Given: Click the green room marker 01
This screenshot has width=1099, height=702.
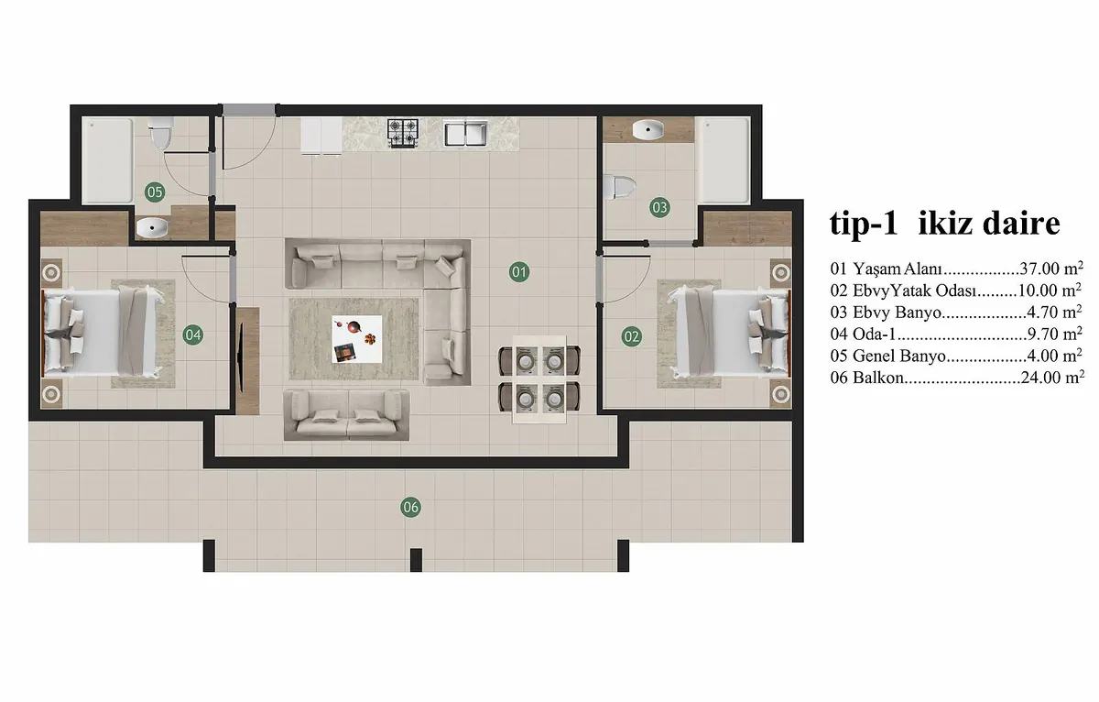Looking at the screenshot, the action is pyautogui.click(x=519, y=272).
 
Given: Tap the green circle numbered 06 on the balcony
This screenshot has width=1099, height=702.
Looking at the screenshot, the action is pyautogui.click(x=410, y=507).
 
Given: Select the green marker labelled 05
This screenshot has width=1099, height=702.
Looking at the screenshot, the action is pyautogui.click(x=155, y=192).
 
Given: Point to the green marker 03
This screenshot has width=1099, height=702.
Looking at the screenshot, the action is pyautogui.click(x=659, y=208).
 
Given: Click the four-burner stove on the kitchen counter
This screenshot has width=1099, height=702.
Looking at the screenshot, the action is pyautogui.click(x=403, y=133).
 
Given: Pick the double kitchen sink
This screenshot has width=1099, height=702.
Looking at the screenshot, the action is pyautogui.click(x=465, y=133).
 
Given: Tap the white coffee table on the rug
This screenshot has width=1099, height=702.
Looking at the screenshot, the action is pyautogui.click(x=356, y=339).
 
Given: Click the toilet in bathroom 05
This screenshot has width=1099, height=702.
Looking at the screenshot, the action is pyautogui.click(x=160, y=133).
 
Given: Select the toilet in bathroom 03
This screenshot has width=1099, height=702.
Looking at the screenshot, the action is pyautogui.click(x=619, y=187).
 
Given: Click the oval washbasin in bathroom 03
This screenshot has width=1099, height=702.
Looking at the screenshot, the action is pyautogui.click(x=647, y=130).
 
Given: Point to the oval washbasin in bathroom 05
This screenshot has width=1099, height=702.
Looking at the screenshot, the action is pyautogui.click(x=152, y=228).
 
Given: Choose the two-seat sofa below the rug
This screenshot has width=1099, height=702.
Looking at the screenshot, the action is pyautogui.click(x=346, y=415).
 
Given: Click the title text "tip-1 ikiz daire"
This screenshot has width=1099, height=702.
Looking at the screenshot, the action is pyautogui.click(x=945, y=224).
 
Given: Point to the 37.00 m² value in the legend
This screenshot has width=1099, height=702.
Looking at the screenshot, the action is pyautogui.click(x=1051, y=268).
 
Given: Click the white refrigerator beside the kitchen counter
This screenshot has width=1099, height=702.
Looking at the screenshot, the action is pyautogui.click(x=321, y=137).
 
